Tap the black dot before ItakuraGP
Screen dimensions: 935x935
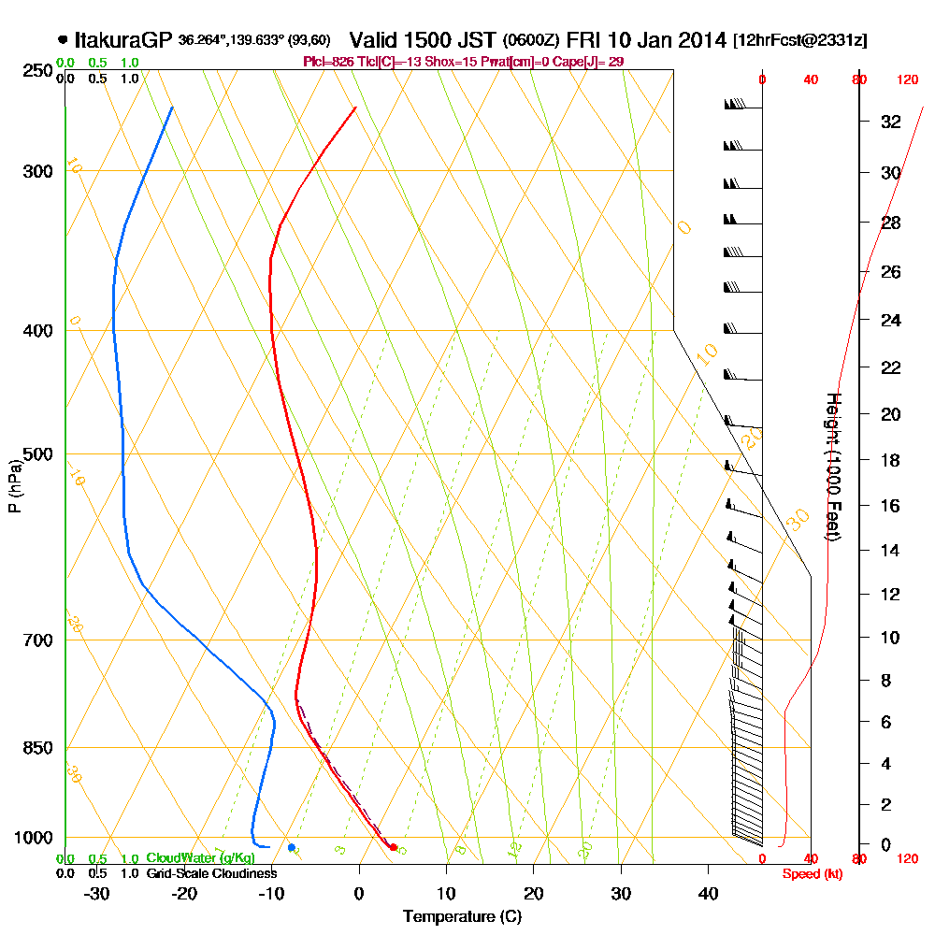point(63,39)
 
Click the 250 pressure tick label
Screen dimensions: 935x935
point(36,70)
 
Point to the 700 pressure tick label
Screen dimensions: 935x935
point(36,640)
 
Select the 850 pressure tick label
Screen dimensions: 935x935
point(36,747)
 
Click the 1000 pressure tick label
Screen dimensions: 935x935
point(32,837)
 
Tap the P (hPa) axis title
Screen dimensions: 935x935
point(14,485)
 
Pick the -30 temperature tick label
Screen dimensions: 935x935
point(96,894)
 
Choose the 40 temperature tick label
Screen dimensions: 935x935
point(709,894)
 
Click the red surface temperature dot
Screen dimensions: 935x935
point(393,847)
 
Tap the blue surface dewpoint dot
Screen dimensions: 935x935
point(292,847)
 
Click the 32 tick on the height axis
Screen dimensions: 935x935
point(890,122)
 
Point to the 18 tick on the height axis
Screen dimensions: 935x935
point(890,460)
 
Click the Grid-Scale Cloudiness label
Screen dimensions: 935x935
point(210,873)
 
